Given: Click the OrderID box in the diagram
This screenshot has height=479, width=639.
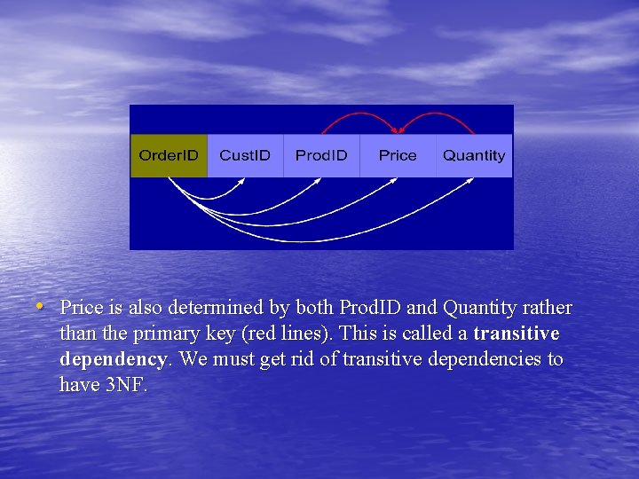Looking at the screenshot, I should pos(169,156).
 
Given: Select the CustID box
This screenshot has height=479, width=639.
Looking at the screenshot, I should pos(245,156).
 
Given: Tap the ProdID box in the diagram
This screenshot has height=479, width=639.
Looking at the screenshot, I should pos(321,156).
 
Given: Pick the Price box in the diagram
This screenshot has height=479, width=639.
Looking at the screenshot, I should pos(397,156).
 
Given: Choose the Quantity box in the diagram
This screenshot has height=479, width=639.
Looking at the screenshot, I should pos(474,156).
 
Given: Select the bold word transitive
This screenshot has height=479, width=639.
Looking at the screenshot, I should pos(517,334).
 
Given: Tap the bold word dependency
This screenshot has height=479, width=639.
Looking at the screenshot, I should pos(113,359).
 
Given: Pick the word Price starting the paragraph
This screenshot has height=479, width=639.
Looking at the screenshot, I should pos(79,308).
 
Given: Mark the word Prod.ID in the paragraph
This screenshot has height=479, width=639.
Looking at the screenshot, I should pos(370,308).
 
